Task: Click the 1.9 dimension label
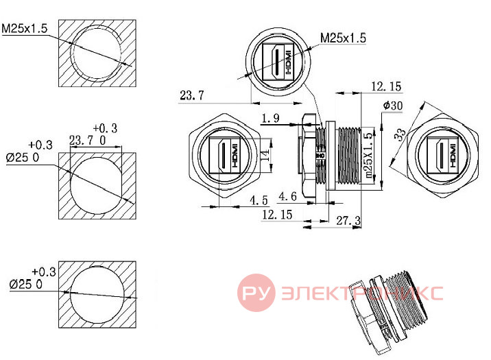pos(271,118)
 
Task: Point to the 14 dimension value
pos(265,155)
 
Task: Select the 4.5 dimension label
pos(259,200)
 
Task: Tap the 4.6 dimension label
pos(287,196)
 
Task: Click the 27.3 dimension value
pos(348,220)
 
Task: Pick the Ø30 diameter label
pos(393,106)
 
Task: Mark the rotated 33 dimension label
pos(400,135)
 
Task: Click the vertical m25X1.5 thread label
pos(368,155)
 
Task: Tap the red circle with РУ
pos(256,293)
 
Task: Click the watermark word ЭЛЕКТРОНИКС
pos(362,293)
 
